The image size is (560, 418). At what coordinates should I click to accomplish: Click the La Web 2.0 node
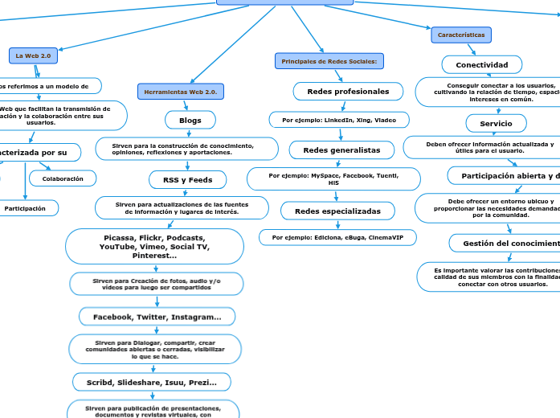33,55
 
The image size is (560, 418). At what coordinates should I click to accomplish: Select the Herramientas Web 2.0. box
180,92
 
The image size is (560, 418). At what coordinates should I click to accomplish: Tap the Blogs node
190,120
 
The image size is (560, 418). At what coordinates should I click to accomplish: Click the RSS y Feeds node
188,179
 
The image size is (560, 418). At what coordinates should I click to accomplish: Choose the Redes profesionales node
348,92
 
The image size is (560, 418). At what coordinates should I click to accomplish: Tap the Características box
461,35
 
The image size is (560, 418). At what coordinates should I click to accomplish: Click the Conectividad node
482,64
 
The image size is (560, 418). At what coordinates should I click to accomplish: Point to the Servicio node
496,123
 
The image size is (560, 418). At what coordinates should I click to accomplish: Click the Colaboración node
63,178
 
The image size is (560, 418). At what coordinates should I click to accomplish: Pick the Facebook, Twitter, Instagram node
157,317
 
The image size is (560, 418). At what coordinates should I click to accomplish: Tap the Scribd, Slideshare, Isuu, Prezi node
152,383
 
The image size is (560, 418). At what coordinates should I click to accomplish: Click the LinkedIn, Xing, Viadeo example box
339,120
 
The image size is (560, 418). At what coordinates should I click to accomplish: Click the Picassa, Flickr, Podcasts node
154,246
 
